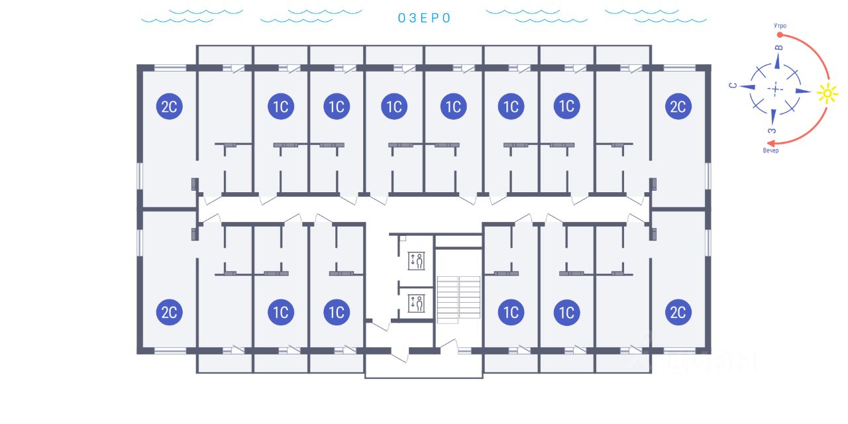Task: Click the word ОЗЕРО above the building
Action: tap(424, 18)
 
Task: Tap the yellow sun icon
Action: tap(827, 93)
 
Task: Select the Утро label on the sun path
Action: tap(780, 26)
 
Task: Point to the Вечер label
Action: tap(770, 150)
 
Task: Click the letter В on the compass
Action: tap(778, 48)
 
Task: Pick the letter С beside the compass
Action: tap(733, 85)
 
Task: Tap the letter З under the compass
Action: tap(772, 131)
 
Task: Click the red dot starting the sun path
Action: tap(780, 35)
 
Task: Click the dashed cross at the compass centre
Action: tap(775, 89)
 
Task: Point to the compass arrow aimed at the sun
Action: tap(803, 91)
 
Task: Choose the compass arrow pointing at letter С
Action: tap(747, 87)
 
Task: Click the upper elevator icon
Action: tap(416, 261)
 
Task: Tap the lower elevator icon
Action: tap(416, 303)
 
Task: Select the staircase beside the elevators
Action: tap(459, 300)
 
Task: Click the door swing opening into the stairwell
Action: tap(449, 343)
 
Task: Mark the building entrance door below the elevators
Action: tap(399, 356)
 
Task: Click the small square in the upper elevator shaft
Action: tap(403, 238)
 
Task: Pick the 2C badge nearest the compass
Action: tap(678, 107)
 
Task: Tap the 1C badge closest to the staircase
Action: tap(511, 312)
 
